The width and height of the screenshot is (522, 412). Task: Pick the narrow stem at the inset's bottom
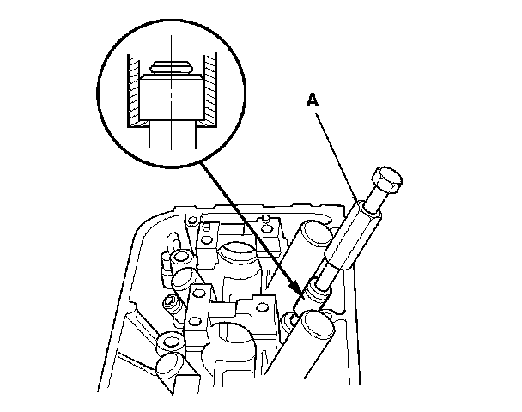(x=171, y=137)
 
